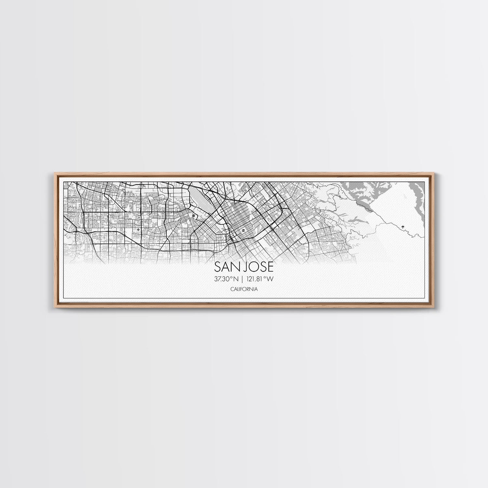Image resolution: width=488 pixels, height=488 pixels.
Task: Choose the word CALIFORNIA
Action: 244,289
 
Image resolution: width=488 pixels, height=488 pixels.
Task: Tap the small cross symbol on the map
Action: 139,230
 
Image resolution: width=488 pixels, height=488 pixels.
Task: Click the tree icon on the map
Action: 403,225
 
